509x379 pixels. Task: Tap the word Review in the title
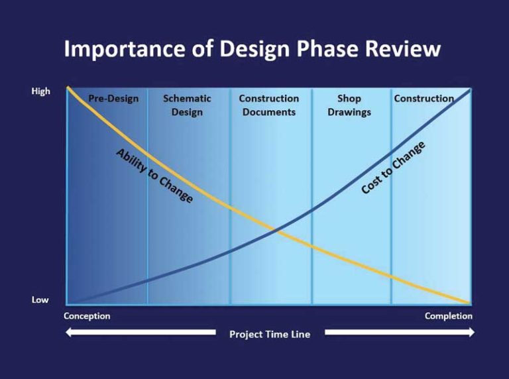[402, 48]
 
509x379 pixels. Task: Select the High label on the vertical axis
[41, 91]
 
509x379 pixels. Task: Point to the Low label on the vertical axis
[40, 299]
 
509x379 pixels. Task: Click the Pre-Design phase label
[113, 98]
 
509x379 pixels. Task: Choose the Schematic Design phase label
[187, 105]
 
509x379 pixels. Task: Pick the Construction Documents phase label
[269, 105]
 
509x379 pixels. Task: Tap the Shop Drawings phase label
[349, 105]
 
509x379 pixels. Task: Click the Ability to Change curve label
[154, 176]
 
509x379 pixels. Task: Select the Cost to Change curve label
[393, 168]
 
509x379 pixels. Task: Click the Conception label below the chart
[87, 316]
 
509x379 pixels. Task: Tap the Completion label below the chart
[448, 316]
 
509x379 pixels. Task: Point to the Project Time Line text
[270, 334]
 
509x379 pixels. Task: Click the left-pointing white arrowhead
[68, 332]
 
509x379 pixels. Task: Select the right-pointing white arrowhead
[471, 332]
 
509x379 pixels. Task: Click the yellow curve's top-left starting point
[68, 87]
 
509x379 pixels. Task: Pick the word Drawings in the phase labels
[349, 112]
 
